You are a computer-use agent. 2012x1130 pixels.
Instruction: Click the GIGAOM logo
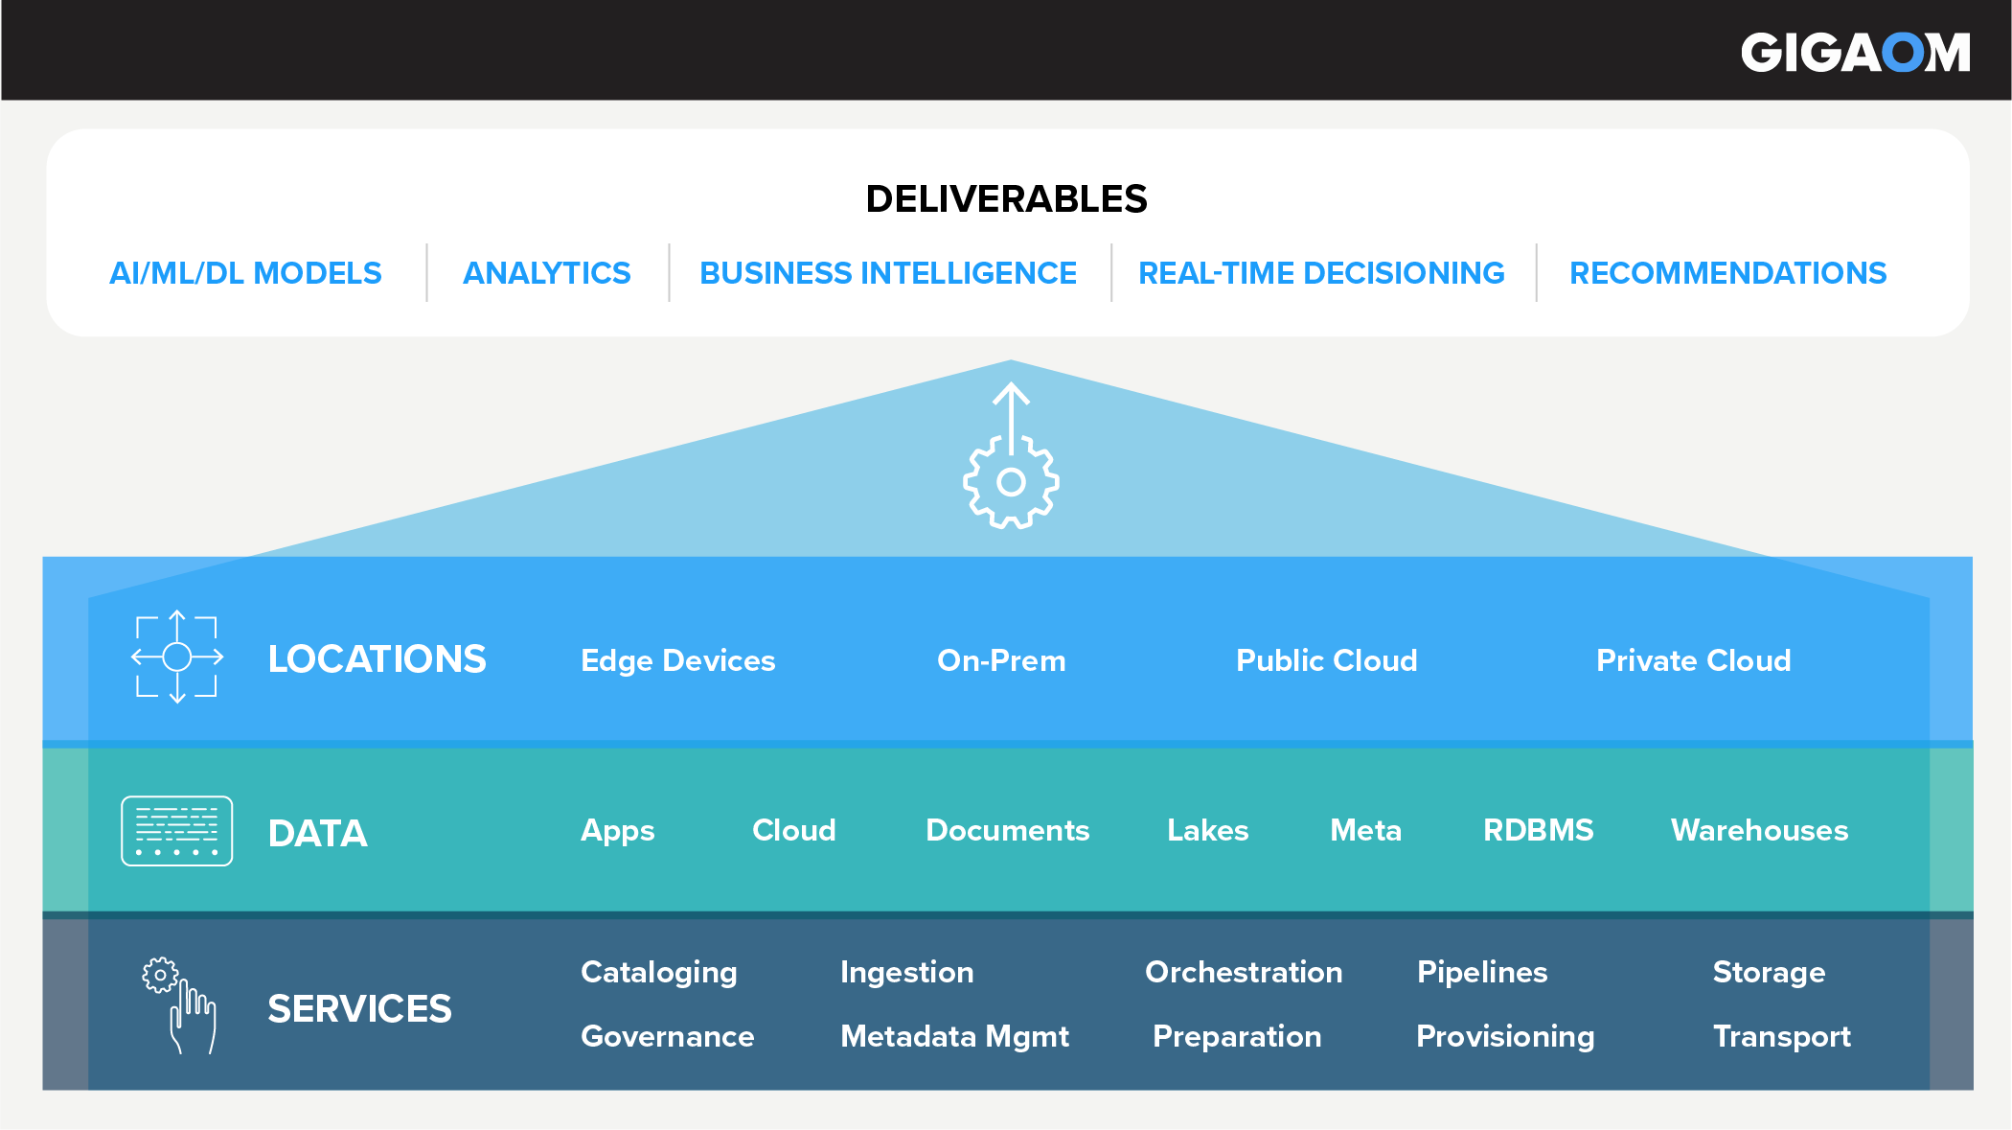coord(1855,53)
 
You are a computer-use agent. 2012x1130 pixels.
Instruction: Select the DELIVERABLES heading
coord(1006,199)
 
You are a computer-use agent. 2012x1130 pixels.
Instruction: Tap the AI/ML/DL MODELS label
coord(245,274)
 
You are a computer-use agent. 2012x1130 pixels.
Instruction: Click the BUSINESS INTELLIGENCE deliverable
coord(888,274)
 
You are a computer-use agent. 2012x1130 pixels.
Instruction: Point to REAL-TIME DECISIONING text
coord(1321,274)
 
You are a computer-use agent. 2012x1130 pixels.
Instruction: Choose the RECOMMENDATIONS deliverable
coord(1727,274)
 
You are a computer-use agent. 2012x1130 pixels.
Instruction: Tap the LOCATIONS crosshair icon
coord(177,657)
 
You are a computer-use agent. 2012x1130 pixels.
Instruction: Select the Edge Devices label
coord(677,660)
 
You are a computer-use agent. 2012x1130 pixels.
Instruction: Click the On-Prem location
coord(1001,660)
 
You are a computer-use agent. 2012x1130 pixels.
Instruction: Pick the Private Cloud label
coord(1693,660)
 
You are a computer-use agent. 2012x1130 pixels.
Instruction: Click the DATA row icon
coord(177,831)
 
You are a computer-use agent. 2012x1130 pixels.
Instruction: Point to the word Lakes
coord(1207,830)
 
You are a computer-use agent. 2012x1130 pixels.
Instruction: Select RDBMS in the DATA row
coord(1538,830)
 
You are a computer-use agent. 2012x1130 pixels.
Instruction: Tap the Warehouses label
coord(1759,830)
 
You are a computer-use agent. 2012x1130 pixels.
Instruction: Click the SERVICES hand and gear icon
coord(180,1005)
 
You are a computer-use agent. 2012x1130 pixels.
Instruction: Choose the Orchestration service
coord(1244,972)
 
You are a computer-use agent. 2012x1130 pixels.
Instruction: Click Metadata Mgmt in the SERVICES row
coord(954,1036)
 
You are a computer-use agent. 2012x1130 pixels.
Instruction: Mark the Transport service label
coord(1781,1036)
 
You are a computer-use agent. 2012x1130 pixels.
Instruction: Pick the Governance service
coord(667,1036)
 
